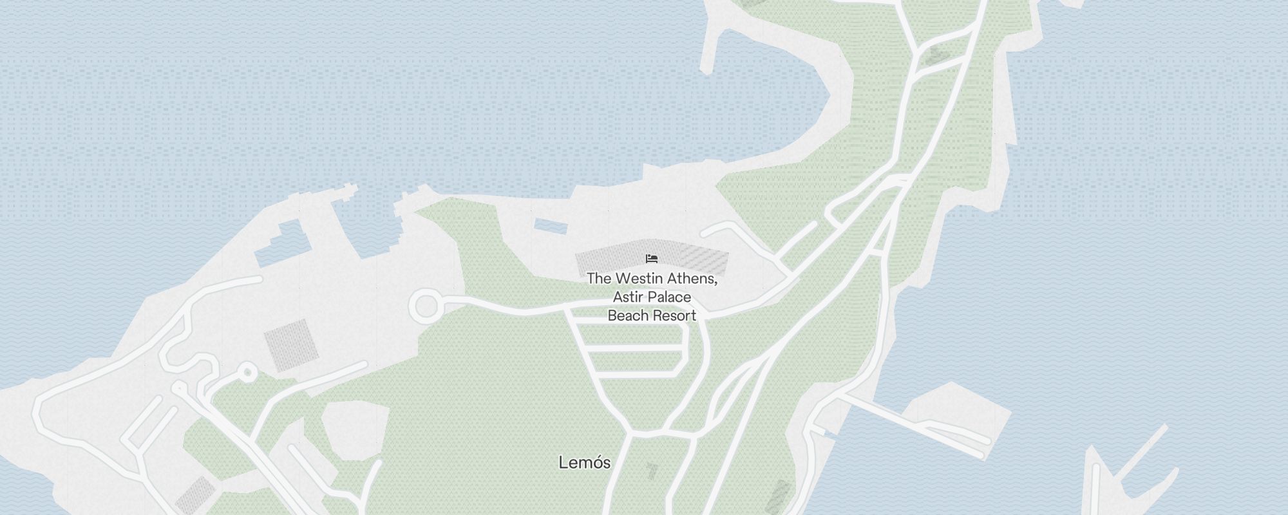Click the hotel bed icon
pos(652,259)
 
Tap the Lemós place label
pos(584,462)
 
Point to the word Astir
pos(625,297)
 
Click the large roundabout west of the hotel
pos(426,306)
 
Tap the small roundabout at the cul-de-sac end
pos(247,373)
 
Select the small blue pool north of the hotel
pos(550,226)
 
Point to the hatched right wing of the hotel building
pos(704,259)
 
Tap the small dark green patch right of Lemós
pos(652,471)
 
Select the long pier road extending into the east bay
pos(914,424)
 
